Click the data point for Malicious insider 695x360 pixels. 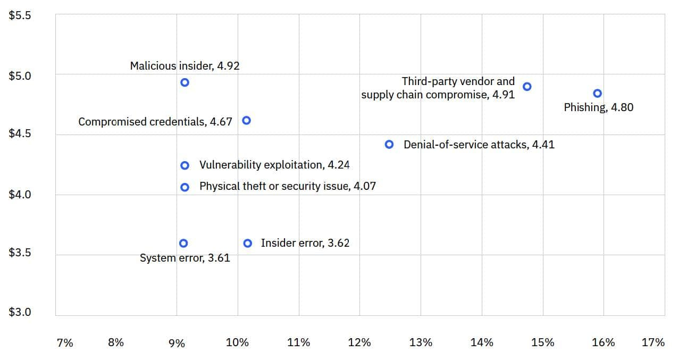click(185, 82)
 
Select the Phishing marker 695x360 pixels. click(597, 94)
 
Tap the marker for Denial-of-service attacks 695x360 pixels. click(389, 145)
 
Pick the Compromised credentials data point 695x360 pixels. click(246, 121)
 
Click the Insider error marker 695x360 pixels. click(248, 243)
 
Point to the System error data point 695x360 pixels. click(183, 243)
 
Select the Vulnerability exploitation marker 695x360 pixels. click(185, 165)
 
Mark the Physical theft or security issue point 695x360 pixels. click(185, 187)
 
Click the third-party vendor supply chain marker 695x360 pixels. click(527, 87)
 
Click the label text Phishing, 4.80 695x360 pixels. click(598, 107)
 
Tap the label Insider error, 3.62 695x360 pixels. click(305, 243)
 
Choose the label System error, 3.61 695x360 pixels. click(185, 258)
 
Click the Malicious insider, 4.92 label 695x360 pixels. click(185, 66)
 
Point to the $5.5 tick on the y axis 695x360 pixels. click(20, 15)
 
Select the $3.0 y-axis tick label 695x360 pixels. click(20, 312)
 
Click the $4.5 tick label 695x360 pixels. click(20, 133)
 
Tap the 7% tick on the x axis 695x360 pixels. click(65, 343)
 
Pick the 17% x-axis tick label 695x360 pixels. click(653, 342)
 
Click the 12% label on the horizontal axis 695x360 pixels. click(359, 343)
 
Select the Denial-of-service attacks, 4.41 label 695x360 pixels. click(479, 145)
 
